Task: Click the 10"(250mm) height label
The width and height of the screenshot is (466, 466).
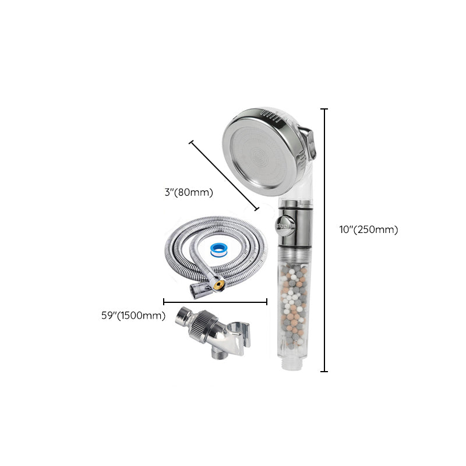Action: pyautogui.click(x=369, y=230)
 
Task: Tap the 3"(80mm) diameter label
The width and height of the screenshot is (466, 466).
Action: pyautogui.click(x=189, y=192)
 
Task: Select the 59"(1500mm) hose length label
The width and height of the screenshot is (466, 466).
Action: pyautogui.click(x=133, y=316)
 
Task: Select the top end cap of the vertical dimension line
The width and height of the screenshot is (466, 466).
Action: pyautogui.click(x=324, y=109)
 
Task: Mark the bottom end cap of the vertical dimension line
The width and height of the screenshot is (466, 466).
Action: pyautogui.click(x=324, y=371)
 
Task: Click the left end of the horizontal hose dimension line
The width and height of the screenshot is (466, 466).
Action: pyautogui.click(x=164, y=302)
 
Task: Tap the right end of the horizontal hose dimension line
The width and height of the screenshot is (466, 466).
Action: pyautogui.click(x=267, y=302)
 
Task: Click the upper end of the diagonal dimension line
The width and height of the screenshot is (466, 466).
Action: pyautogui.click(x=190, y=142)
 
